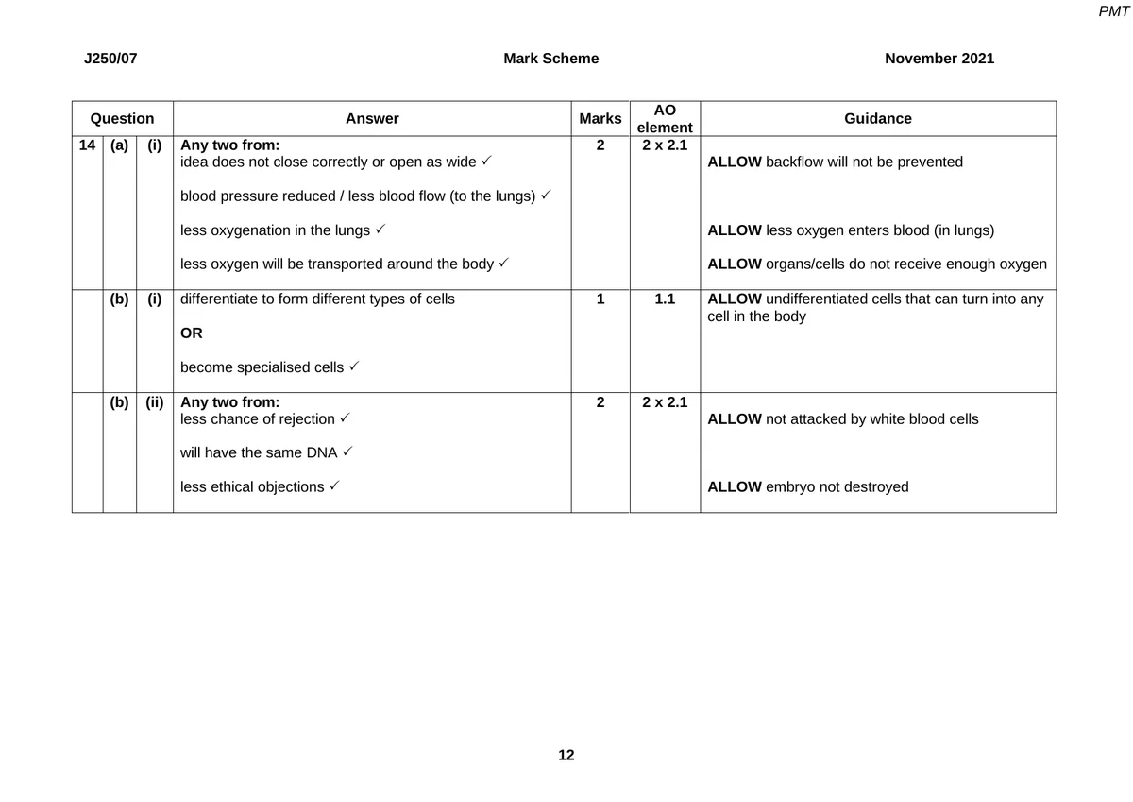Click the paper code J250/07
point(110,59)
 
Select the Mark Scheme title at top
point(550,59)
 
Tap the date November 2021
point(939,59)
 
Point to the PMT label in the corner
point(1114,11)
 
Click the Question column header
point(122,119)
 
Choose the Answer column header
point(372,119)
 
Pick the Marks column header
point(600,119)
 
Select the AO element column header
point(665,119)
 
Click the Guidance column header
point(878,119)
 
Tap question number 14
point(87,145)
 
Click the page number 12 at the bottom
point(566,755)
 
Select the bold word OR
point(192,333)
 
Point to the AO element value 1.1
point(665,299)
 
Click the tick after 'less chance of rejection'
point(346,418)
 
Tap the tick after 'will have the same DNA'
point(347,452)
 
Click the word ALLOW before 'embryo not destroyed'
point(734,487)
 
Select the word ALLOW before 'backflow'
point(734,162)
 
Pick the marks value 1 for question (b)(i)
point(600,299)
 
